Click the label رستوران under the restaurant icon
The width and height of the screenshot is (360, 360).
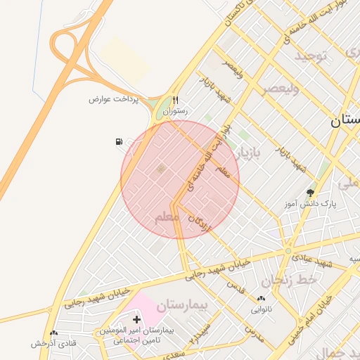point(175,111)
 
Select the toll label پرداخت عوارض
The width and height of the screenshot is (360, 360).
point(115,99)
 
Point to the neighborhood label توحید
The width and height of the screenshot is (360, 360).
point(311,56)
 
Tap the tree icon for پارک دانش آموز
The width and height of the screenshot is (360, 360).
point(310,192)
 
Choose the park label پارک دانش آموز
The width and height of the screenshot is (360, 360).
point(310,204)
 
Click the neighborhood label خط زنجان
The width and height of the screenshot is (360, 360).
point(290,281)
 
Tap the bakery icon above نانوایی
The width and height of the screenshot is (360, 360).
point(262,299)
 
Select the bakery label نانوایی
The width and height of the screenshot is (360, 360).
point(260,309)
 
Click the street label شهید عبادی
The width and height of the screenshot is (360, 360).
point(316,263)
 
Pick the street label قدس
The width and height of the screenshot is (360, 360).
point(236,287)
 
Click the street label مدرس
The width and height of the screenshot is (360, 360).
point(253,332)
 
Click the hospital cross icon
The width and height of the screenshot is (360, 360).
point(136,320)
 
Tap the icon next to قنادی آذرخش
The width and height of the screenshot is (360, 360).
point(53,333)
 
